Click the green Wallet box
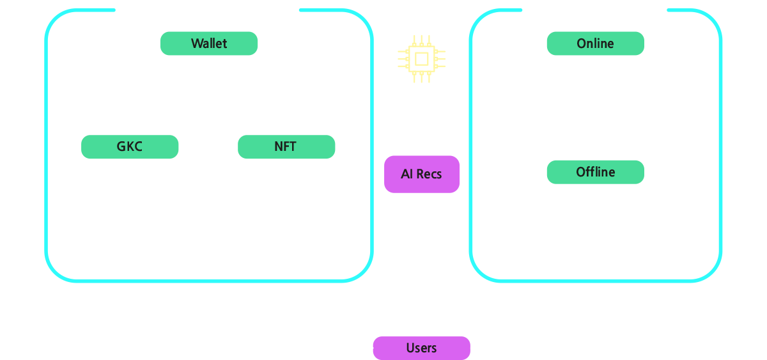[x=209, y=43]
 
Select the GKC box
[x=130, y=146]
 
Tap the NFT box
[x=286, y=146]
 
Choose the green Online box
[x=596, y=43]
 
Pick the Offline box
[x=596, y=172]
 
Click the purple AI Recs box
[x=421, y=175]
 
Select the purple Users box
[x=421, y=348]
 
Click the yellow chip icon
[x=421, y=59]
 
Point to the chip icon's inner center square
[x=421, y=59]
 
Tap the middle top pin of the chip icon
[x=421, y=41]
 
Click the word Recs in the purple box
[x=429, y=175]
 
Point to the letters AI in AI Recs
[x=407, y=174]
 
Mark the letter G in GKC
[x=121, y=146]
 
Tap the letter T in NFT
[x=292, y=146]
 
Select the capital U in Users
[x=410, y=348]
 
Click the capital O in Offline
[x=581, y=172]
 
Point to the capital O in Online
[x=582, y=43]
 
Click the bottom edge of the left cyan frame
[x=209, y=281]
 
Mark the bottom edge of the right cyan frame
[x=596, y=281]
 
